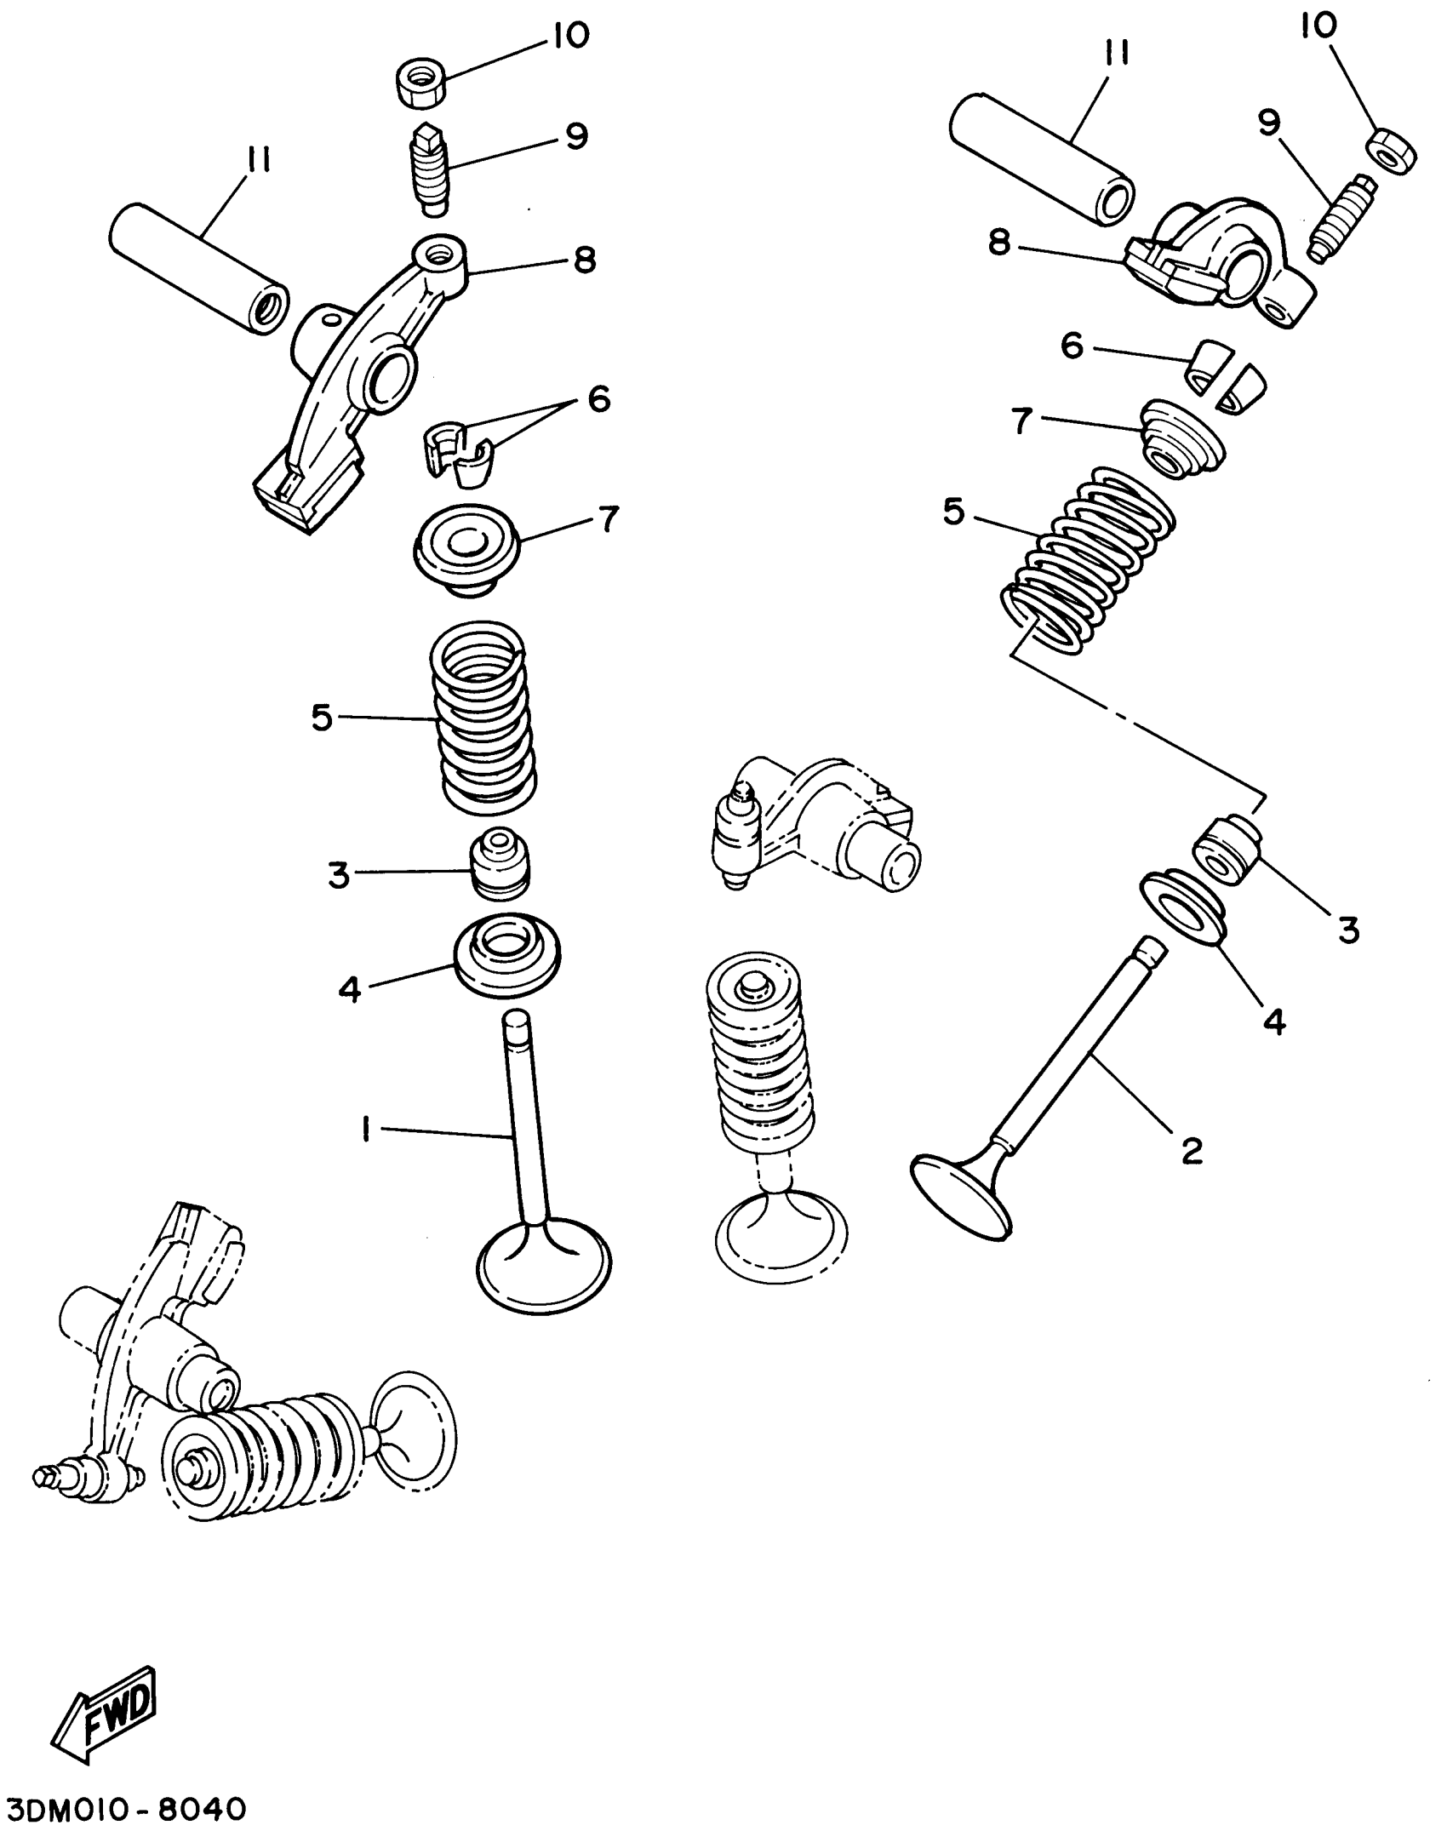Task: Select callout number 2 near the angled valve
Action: (x=1192, y=1150)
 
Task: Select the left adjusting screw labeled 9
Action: (x=433, y=168)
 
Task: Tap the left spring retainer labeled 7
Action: (x=466, y=549)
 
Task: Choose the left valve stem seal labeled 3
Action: (x=500, y=862)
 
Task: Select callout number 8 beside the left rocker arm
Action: (x=584, y=260)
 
